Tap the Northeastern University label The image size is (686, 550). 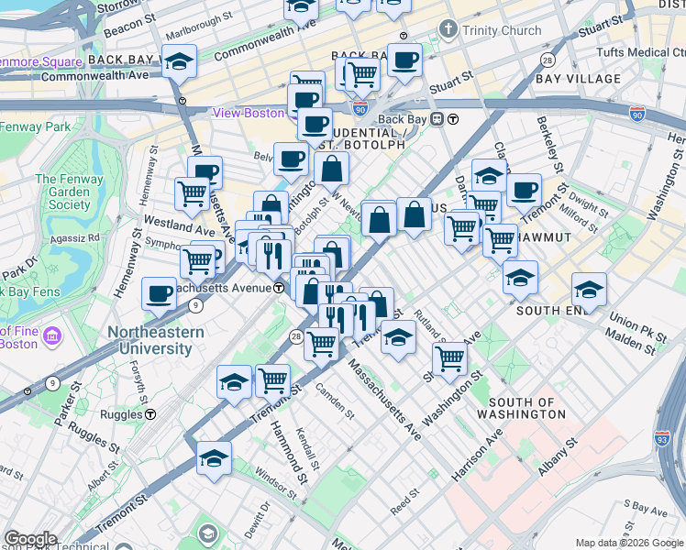pyautogui.click(x=149, y=340)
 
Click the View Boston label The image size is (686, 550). pyautogui.click(x=248, y=113)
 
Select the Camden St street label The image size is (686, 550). pyautogui.click(x=335, y=401)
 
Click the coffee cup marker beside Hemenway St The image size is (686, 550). pyautogui.click(x=159, y=295)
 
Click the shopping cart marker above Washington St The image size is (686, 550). pyautogui.click(x=449, y=358)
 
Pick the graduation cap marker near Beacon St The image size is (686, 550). pyautogui.click(x=180, y=61)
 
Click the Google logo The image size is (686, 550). pyautogui.click(x=30, y=539)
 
